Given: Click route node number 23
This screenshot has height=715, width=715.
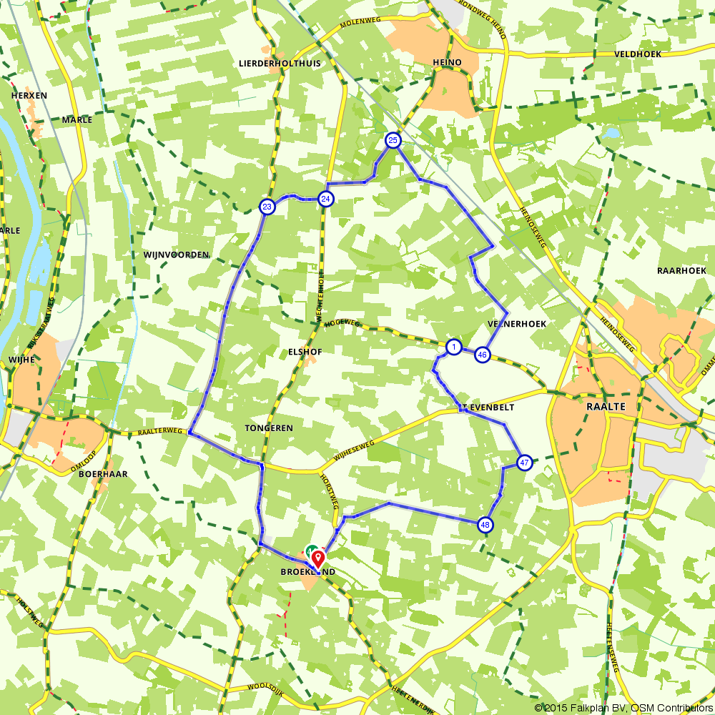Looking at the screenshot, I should (x=267, y=207).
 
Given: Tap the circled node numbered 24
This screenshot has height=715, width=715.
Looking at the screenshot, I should (x=325, y=199).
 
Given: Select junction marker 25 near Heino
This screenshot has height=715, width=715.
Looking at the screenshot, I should (x=393, y=140).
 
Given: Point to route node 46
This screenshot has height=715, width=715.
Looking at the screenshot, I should (x=483, y=355).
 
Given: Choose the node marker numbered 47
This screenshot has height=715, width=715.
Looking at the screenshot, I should (x=525, y=463).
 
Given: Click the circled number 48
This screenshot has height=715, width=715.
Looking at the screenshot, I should (x=486, y=526).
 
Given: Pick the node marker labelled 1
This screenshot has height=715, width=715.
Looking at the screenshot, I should (x=453, y=347).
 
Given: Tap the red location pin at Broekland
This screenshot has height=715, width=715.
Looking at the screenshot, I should (x=318, y=557).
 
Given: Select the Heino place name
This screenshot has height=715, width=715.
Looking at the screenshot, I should (x=447, y=63).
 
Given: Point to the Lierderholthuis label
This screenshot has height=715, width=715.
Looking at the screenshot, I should (x=280, y=63).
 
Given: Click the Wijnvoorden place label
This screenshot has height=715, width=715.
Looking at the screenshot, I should (x=176, y=255).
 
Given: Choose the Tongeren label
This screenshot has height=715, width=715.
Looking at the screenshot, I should (x=269, y=428).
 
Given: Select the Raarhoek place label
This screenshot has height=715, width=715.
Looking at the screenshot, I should (x=681, y=270).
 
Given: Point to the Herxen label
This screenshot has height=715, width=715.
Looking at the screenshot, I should (x=29, y=95).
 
